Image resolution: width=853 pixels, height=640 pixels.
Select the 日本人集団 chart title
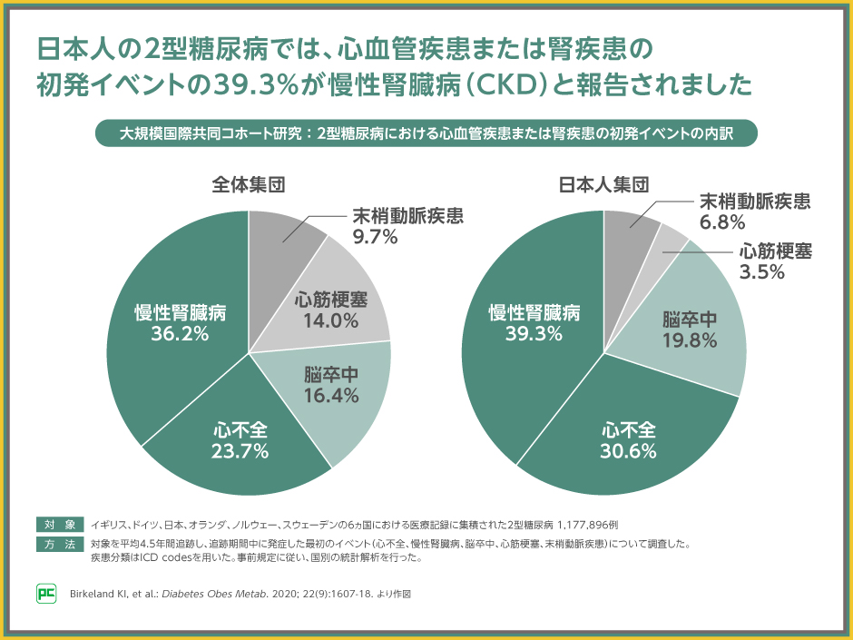coord(603,184)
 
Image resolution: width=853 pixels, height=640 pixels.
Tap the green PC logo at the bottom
coord(47,595)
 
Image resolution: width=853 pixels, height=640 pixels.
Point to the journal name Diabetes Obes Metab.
coord(211,596)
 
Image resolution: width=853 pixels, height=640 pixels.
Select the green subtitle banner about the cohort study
coord(426,133)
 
